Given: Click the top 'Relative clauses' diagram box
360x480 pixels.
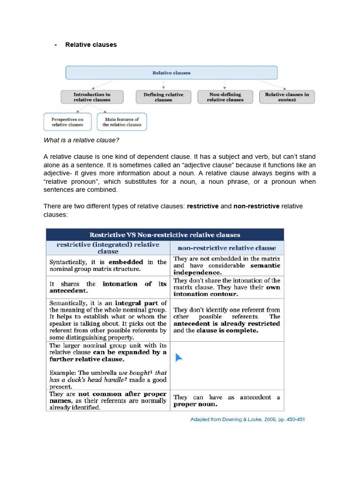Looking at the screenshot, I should click(x=171, y=73).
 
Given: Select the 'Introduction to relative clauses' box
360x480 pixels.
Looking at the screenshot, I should click(x=92, y=97).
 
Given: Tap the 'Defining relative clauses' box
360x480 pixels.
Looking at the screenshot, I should click(x=163, y=97).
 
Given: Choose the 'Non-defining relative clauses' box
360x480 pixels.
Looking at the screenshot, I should click(x=225, y=97).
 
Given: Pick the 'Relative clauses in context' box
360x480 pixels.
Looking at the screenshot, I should click(x=287, y=97).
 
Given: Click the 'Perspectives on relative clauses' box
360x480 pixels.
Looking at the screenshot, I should click(x=67, y=122).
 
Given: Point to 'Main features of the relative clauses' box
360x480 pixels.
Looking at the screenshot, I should click(x=121, y=122).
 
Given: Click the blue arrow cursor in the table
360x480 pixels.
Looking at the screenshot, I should click(x=178, y=358).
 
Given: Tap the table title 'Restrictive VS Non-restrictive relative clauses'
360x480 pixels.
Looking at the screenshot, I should click(x=165, y=235).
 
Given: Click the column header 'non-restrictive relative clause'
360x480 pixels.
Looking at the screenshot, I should click(x=226, y=248).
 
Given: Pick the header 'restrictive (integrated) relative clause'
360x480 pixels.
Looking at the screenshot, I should click(x=108, y=248).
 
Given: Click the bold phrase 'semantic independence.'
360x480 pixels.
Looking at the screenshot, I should click(x=227, y=269).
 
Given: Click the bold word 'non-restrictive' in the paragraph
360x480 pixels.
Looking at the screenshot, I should click(x=256, y=206).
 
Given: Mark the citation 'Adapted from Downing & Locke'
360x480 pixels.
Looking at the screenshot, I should click(x=247, y=419).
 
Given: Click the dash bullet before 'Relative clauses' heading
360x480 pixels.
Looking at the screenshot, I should click(x=56, y=45).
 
